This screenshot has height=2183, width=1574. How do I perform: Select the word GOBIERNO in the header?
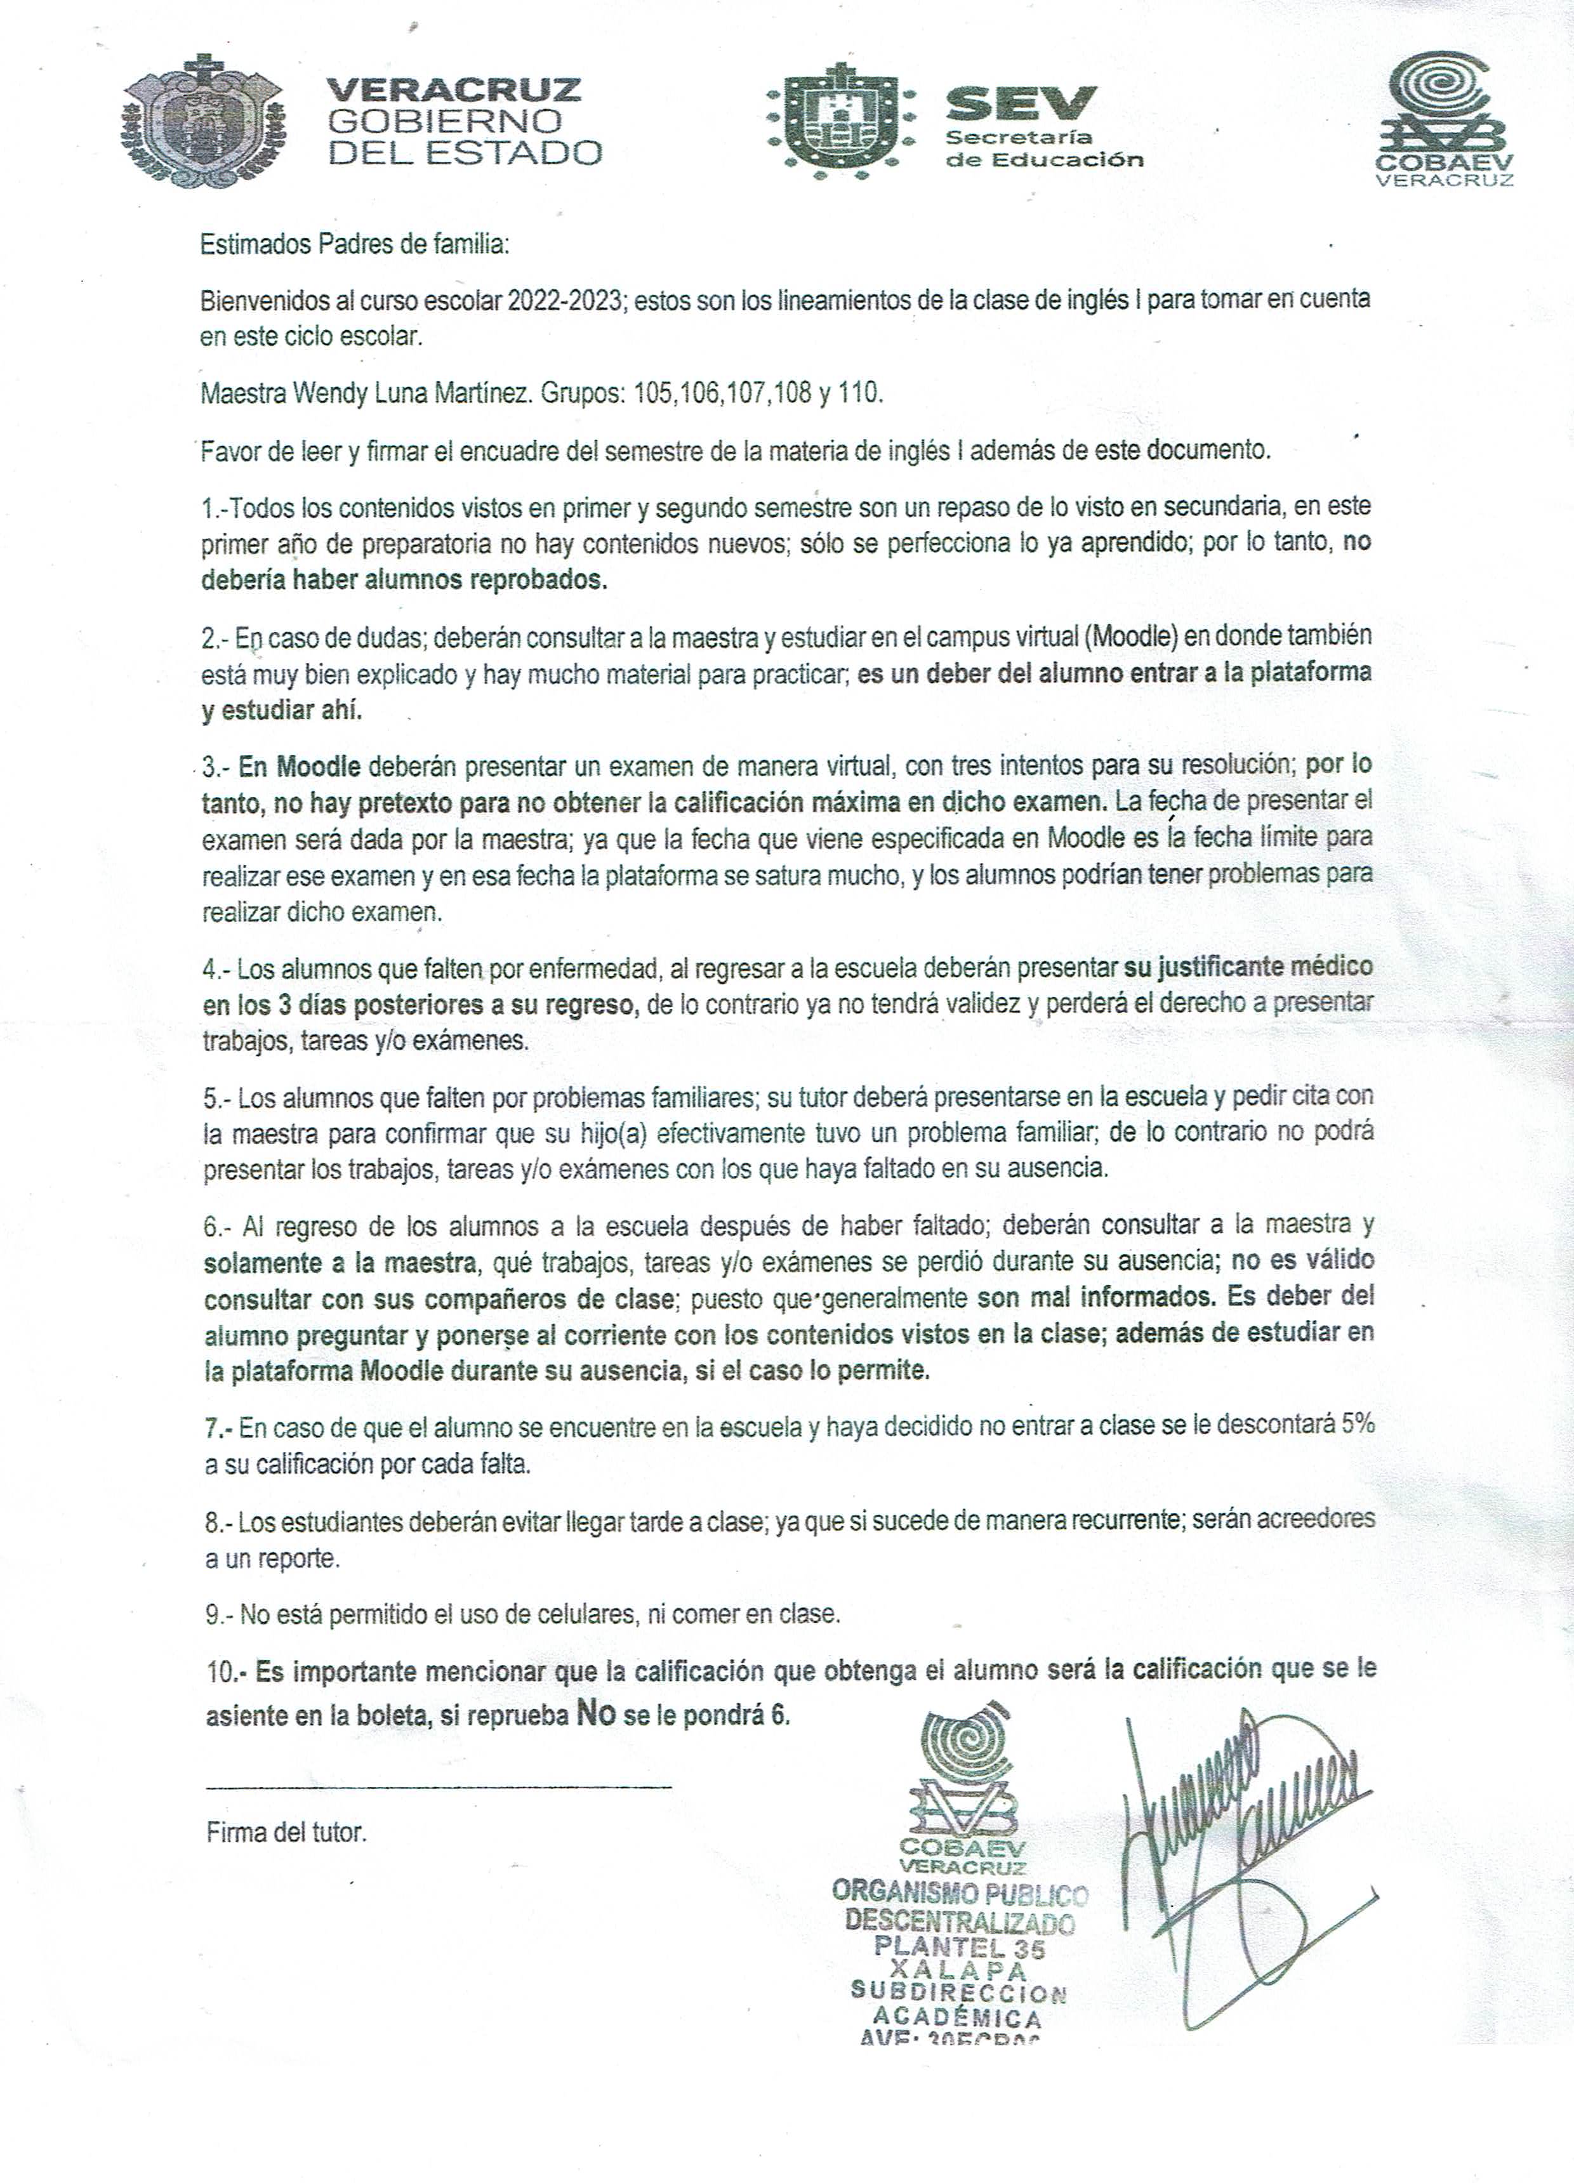click(446, 121)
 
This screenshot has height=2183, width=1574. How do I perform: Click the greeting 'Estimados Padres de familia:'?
click(354, 244)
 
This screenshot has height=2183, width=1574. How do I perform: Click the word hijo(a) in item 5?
click(616, 1134)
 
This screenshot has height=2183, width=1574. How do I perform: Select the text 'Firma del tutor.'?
click(287, 1833)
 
